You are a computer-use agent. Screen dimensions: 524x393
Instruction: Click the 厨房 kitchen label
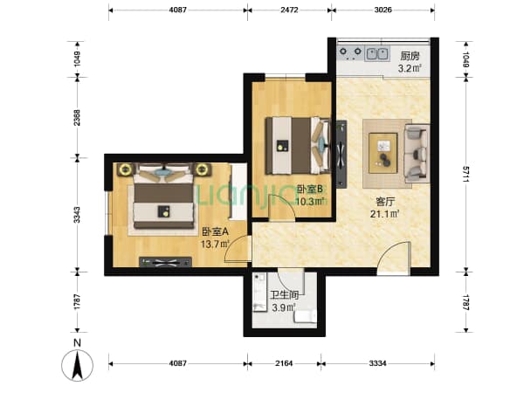pos(410,56)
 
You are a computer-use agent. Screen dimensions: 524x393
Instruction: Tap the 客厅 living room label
pos(385,202)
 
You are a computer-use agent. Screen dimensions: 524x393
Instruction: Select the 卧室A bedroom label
pos(215,231)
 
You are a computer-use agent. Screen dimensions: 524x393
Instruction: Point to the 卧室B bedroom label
pos(310,190)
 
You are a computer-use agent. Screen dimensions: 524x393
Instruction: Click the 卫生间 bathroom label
pos(284,295)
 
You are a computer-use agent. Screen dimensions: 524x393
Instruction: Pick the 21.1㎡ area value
pos(385,214)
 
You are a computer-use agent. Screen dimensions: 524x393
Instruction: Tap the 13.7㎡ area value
pos(215,244)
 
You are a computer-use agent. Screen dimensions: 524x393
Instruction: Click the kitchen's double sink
pos(377,53)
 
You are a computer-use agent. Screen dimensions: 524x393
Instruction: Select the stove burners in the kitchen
pos(350,52)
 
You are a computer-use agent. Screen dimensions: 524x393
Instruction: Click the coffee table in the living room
pos(383,153)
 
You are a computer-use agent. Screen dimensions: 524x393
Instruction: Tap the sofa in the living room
pos(417,154)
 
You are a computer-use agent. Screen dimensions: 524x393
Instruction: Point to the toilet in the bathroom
pos(305,316)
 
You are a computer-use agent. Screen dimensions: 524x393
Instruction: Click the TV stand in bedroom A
pos(165,262)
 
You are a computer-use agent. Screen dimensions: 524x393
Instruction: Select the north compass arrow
pos(78,366)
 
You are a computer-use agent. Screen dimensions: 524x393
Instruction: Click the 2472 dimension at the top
pos(289,10)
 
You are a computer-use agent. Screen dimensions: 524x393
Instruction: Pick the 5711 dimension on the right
pos(465,174)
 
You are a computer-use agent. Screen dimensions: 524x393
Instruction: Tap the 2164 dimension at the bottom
pos(284,363)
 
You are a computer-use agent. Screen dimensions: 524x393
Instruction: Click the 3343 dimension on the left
pos(77,215)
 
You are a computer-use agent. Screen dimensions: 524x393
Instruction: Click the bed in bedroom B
pos(298,145)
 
